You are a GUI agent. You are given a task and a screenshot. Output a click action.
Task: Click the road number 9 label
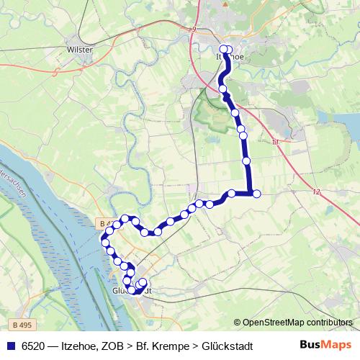click(x=194, y=30)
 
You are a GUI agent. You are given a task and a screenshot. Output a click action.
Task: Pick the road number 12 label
click(x=316, y=192)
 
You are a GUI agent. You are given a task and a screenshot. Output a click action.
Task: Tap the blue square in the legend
click(x=9, y=346)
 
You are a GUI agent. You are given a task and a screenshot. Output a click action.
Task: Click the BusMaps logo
click(x=326, y=346)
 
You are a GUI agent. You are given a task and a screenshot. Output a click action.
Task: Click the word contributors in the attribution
click(x=328, y=323)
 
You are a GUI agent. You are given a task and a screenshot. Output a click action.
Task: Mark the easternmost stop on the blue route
click(x=256, y=193)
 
